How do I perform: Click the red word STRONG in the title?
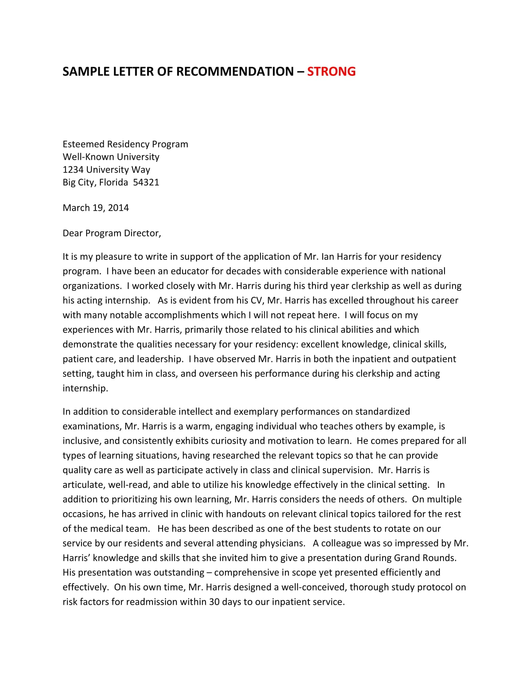331,72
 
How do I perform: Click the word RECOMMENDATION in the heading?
235,72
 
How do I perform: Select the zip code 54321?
146,182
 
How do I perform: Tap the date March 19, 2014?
95,208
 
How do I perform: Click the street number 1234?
73,170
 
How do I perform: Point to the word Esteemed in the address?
84,144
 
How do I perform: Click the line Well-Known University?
111,157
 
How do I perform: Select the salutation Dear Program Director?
112,233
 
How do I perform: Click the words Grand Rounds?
425,558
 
